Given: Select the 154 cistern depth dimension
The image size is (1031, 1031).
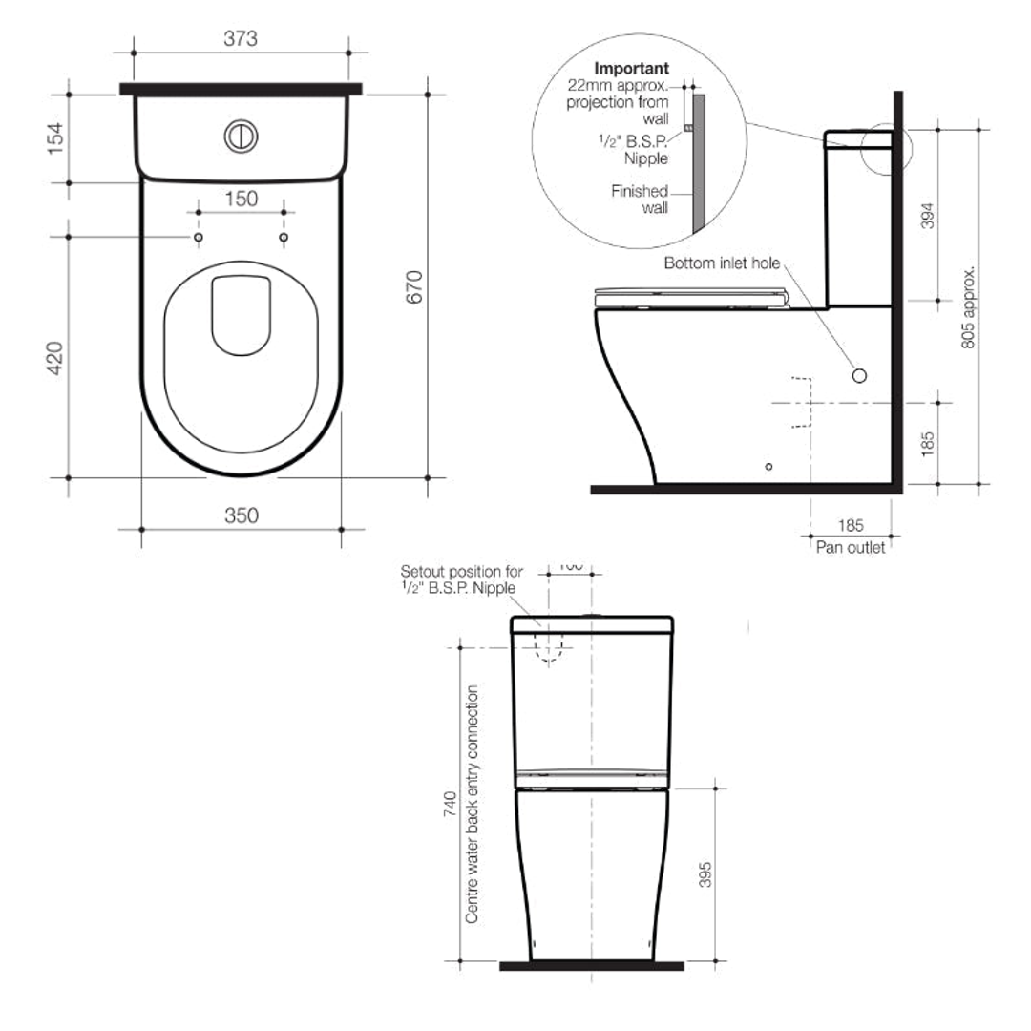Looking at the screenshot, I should click(56, 138).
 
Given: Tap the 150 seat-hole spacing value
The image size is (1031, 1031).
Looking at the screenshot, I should click(241, 199).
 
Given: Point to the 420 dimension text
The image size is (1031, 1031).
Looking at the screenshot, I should click(56, 357).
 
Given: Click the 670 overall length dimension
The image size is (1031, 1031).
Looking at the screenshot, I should click(413, 286).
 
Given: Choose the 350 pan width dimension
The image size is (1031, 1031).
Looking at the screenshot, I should click(241, 515).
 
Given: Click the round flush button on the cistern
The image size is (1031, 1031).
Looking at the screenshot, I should click(241, 136).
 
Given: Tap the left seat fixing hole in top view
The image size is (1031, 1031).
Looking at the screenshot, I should click(198, 237).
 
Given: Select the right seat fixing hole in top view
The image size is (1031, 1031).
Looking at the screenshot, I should click(284, 237).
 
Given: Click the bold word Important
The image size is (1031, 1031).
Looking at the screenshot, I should click(631, 69).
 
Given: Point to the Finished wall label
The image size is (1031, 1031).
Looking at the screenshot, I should click(640, 200).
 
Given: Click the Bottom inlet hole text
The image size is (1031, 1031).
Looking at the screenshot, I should click(722, 263).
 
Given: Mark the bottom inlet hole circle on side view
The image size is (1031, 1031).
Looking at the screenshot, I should click(858, 375).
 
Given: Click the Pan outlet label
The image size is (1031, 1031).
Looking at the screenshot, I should click(850, 548).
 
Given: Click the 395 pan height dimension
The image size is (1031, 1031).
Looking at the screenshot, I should click(705, 873).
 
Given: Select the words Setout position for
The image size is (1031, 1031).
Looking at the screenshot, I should click(461, 571).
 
